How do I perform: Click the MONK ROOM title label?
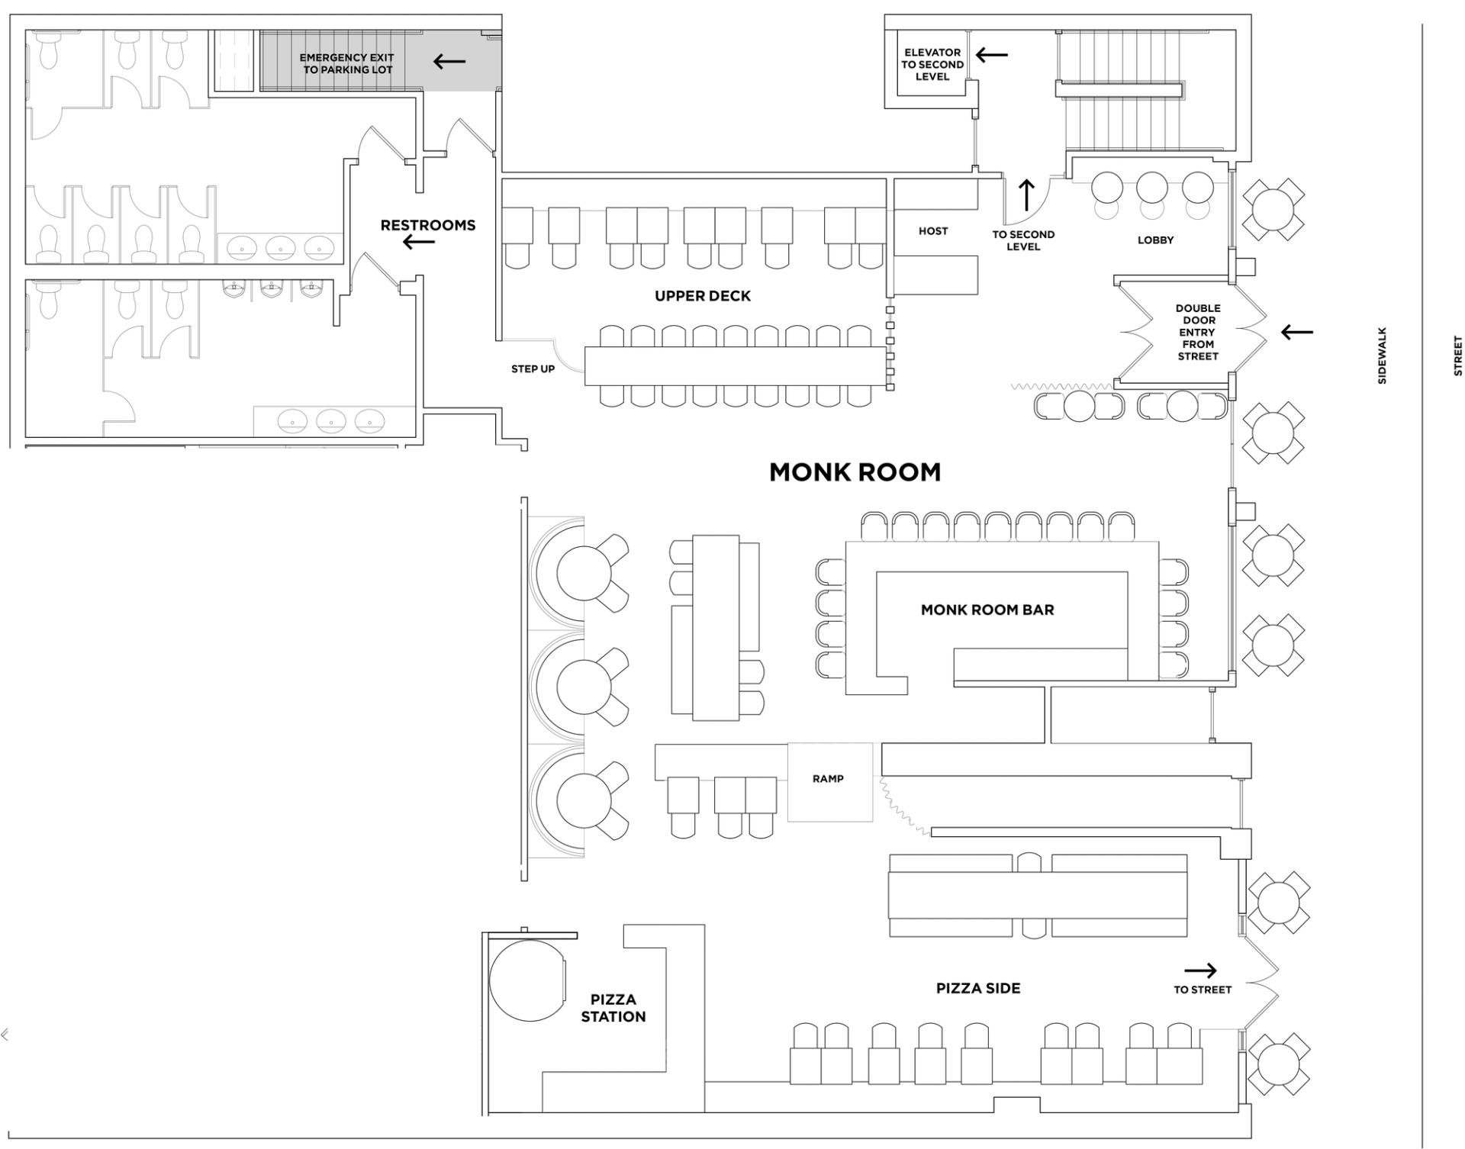coord(855,472)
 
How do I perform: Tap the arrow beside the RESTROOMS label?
coord(419,243)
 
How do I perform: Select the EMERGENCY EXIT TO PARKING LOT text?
coord(346,63)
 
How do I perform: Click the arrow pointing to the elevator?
coord(992,55)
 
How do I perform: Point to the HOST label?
coord(932,231)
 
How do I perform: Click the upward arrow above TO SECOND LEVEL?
coord(1026,195)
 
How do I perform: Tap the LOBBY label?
coord(1155,240)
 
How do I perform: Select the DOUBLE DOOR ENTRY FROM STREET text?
coord(1197,332)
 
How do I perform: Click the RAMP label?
coord(828,779)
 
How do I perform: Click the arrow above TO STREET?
coord(1200,970)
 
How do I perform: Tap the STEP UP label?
coord(533,369)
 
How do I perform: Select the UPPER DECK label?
coord(702,296)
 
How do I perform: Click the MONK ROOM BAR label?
coord(987,610)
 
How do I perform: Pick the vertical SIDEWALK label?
coord(1382,356)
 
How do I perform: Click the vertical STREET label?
coord(1457,356)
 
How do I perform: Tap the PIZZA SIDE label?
coord(977,988)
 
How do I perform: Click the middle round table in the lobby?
coord(1151,187)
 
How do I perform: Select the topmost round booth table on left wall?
coord(584,573)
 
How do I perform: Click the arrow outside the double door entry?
coord(1297,332)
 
